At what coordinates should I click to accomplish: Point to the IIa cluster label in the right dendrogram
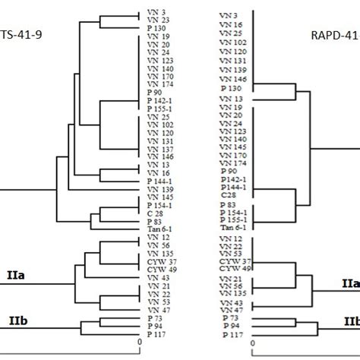click(349, 283)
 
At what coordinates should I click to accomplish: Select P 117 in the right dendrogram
click(232, 335)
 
